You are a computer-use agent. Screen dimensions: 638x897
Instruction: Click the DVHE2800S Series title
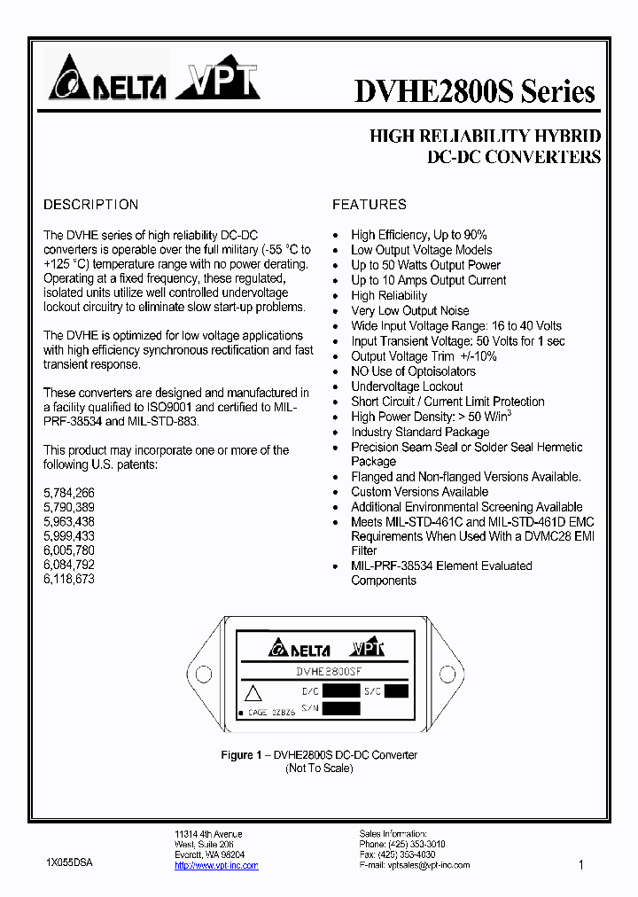[x=475, y=92]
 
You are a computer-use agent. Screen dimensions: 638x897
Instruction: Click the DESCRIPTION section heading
[x=91, y=205]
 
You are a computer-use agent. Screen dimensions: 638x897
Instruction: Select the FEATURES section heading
[x=370, y=205]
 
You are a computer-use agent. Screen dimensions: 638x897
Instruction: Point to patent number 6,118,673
[x=69, y=579]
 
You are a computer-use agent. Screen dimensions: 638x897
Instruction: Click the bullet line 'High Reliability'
[x=389, y=296]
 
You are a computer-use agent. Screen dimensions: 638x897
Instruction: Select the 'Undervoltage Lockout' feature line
[x=407, y=386]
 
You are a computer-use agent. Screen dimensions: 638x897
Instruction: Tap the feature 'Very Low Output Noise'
[x=410, y=311]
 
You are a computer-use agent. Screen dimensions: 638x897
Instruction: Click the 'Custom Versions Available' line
[x=419, y=492]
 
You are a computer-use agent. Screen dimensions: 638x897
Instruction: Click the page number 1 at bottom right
[x=581, y=865]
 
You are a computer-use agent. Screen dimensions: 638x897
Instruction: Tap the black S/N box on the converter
[x=341, y=708]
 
